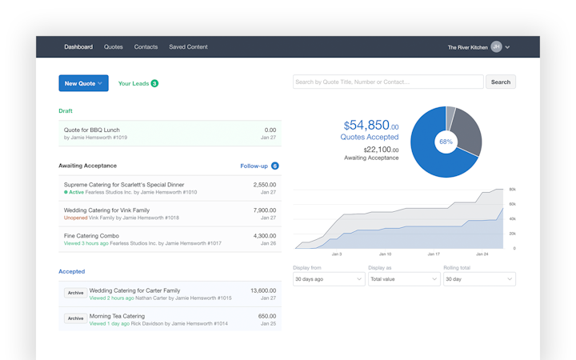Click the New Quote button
point(83,83)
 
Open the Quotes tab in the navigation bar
point(114,47)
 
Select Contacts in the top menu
point(146,47)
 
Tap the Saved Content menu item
point(188,47)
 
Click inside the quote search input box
point(388,82)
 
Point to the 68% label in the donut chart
point(446,142)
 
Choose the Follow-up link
point(254,166)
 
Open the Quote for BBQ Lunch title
point(92,130)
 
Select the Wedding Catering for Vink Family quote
point(106,210)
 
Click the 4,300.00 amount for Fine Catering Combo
point(264,236)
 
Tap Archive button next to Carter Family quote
point(75,293)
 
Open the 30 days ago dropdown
point(329,279)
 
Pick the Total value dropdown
point(404,279)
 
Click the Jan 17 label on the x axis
point(433,254)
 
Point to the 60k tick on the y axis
point(512,204)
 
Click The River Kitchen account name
point(467,47)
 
